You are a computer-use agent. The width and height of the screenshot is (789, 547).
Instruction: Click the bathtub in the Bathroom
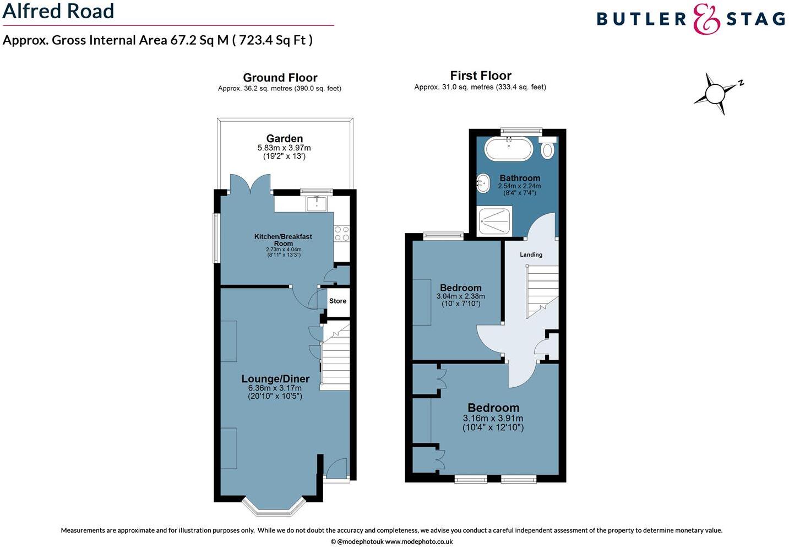(509, 148)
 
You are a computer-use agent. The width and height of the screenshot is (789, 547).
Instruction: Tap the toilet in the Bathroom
(547, 149)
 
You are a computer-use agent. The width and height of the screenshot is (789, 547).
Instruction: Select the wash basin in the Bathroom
(483, 183)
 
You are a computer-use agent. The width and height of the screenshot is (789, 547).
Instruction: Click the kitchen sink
(317, 203)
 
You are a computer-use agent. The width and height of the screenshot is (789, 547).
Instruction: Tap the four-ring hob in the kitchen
(341, 234)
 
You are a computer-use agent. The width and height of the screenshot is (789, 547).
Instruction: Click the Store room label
(338, 301)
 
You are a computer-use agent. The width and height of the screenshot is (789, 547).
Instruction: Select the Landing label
(531, 254)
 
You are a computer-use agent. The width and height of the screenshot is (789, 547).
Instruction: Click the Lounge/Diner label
(275, 379)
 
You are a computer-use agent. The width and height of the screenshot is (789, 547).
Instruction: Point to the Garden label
(284, 139)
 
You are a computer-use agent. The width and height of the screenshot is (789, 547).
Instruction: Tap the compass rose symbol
(716, 93)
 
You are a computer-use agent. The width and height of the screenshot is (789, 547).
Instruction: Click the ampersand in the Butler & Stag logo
(706, 19)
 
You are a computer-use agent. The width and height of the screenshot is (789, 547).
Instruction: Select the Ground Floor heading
(280, 78)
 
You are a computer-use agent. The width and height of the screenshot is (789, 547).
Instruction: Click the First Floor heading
(481, 75)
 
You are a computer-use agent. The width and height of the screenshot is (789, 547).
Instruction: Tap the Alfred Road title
(58, 11)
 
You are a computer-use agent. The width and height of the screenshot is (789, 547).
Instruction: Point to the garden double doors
(251, 185)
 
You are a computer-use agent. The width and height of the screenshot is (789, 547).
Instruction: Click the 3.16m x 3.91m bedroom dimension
(493, 419)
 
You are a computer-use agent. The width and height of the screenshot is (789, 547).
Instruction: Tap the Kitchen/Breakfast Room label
(283, 240)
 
